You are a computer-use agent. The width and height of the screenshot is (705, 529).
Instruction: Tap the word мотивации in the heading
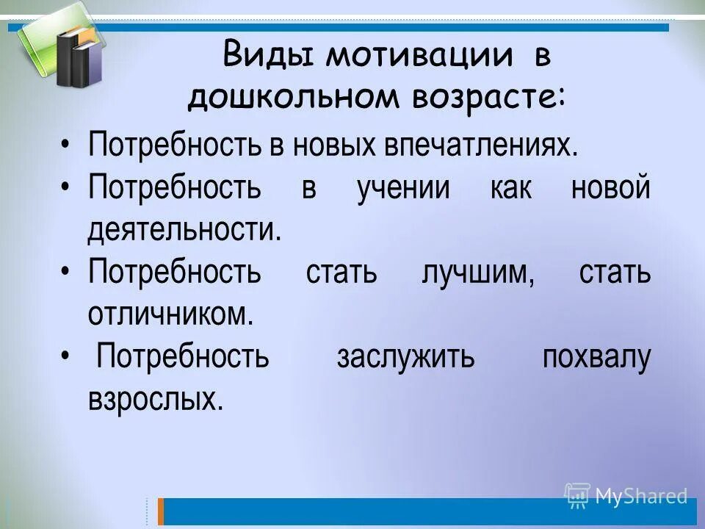tap(415, 56)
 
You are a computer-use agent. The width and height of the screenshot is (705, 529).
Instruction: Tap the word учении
tap(403, 187)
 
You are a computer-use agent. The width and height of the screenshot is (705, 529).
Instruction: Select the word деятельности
tap(184, 230)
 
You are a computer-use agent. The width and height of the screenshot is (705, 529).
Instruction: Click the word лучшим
tap(478, 273)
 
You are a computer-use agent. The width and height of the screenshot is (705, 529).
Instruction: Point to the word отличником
tap(170, 315)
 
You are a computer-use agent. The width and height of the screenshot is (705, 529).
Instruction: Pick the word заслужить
tap(405, 358)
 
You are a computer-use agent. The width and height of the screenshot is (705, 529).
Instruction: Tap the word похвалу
tap(596, 358)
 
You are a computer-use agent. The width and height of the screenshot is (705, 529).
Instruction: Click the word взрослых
tap(155, 400)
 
